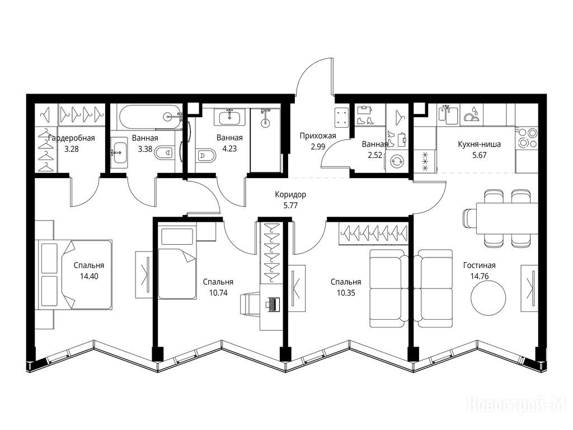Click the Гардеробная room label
point(71,138)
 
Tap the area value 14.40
point(89,277)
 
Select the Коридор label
point(290,194)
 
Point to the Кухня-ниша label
point(479,144)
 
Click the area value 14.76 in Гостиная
point(480,277)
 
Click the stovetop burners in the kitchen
point(527,138)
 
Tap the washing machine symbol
point(396,161)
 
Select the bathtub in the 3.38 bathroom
point(150,117)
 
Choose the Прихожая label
point(318,137)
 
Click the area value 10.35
point(346,293)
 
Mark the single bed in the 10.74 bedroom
point(177,263)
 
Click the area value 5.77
point(290,205)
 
